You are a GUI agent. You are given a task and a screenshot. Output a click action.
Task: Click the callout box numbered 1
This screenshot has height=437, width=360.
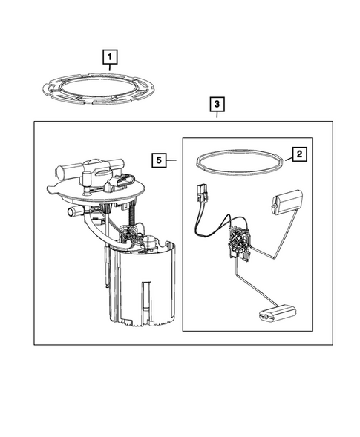(110, 57)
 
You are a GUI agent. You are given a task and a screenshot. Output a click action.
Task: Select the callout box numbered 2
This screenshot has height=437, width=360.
(299, 154)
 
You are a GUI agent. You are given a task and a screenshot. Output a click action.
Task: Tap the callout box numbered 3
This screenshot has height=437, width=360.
(217, 104)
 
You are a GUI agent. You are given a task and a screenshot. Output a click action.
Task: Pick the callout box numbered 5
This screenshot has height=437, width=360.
(159, 160)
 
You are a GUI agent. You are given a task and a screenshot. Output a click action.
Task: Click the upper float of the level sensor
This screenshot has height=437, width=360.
(287, 202)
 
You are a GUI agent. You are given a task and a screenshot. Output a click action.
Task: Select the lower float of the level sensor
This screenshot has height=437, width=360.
(277, 313)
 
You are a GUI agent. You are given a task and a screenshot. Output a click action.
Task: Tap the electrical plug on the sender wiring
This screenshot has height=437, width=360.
(203, 193)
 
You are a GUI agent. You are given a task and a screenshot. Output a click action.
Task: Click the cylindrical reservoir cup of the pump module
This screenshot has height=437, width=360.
(145, 287)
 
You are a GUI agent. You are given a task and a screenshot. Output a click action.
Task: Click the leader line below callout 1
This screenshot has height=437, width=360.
(110, 68)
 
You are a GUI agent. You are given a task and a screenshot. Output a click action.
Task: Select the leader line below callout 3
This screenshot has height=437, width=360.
(217, 114)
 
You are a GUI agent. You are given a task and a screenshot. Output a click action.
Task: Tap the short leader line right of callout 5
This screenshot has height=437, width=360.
(171, 160)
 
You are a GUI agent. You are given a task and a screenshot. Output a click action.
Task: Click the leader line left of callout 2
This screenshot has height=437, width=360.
(288, 160)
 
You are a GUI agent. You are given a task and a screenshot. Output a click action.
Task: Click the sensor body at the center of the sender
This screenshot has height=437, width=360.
(239, 242)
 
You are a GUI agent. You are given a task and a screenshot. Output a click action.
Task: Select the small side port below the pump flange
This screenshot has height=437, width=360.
(73, 211)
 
